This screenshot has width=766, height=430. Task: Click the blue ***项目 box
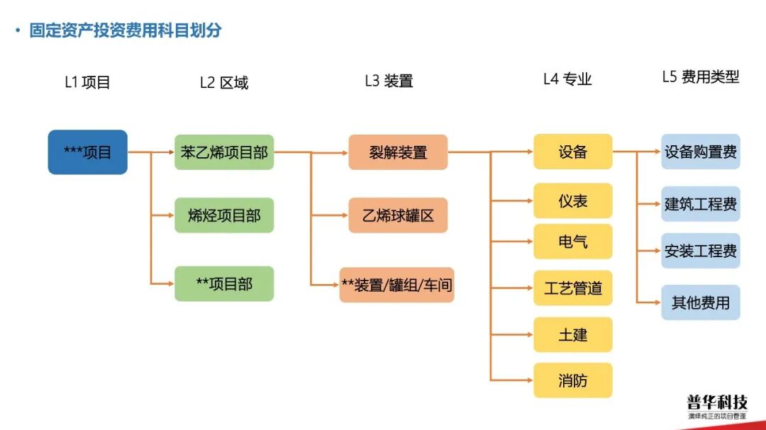pos(87,152)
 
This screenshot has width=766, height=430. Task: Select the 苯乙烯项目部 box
pos(223,152)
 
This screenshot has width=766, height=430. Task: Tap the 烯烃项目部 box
pos(223,215)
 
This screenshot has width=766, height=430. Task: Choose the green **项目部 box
pos(223,284)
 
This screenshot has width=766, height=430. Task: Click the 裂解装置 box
pos(398,152)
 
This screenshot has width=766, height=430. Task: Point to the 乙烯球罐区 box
pos(398,215)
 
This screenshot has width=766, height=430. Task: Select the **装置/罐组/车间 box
pos(396,285)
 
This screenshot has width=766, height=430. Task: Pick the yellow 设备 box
pos(572,152)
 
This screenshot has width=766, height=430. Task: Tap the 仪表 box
pos(572,201)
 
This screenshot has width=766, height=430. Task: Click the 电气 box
pos(572,242)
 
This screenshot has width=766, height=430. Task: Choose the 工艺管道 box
pos(572,288)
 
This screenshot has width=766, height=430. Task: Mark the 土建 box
pos(572,334)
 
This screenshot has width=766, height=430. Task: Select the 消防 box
pos(572,380)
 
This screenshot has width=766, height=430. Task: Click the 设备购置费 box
pos(700,152)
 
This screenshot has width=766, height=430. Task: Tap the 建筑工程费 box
pos(700,204)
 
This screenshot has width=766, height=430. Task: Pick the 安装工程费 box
pos(700,251)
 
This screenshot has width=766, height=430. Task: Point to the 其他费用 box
pos(700,302)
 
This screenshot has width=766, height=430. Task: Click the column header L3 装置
pos(389,81)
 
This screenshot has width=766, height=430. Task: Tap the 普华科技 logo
pos(716,405)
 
